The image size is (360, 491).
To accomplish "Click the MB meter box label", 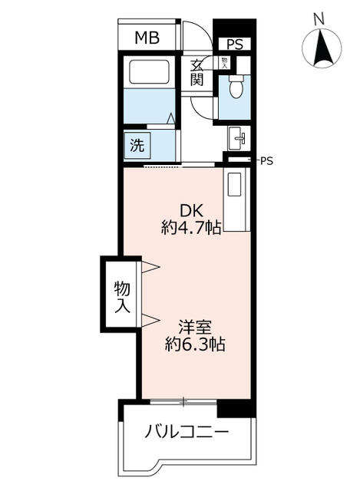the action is point(147,38).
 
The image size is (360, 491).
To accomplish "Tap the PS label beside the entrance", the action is point(235,44).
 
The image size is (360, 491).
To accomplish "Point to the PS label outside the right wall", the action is point(266,161).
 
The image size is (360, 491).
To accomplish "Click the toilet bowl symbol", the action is point(236,86).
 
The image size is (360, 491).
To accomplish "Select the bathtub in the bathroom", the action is point(149,71).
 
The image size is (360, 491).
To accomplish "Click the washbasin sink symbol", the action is point(237,138).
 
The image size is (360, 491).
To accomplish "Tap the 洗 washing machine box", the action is point(137,145).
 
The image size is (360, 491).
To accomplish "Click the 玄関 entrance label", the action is point(197,73).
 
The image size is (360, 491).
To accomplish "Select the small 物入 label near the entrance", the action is point(225,63).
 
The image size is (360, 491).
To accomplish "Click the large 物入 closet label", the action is point(122,297).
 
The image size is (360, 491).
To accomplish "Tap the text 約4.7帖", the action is point(191,227).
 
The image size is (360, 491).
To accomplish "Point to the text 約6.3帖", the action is point(195,344).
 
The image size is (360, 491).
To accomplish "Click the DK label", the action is point(191,211).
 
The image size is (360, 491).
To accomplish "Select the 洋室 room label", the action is point(195,328).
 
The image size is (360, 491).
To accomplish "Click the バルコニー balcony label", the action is point(187,433).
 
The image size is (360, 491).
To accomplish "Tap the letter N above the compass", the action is point(319,21).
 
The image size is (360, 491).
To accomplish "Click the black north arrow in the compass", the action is point(322,48).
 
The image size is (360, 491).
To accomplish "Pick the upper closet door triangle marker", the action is point(151,267).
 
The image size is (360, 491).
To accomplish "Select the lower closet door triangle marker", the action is point(151,321).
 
